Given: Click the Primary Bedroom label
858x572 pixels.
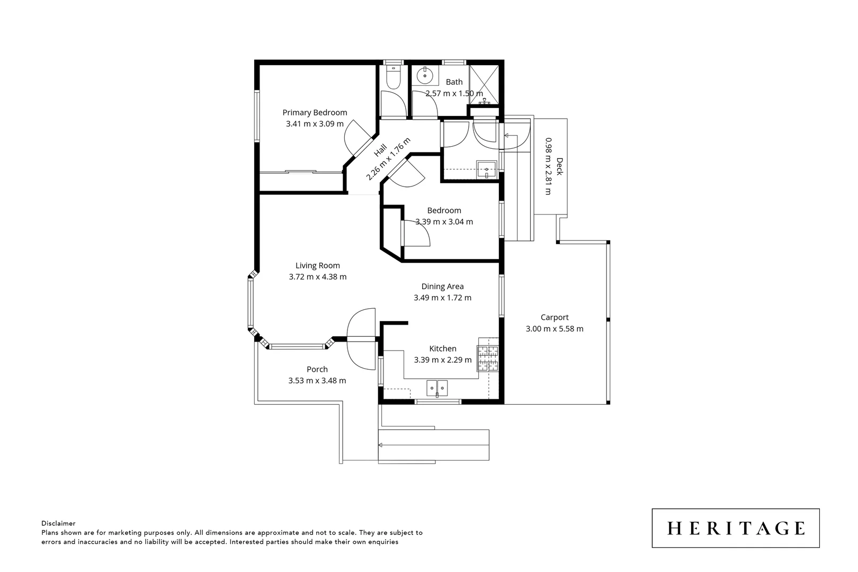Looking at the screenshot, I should (315, 112).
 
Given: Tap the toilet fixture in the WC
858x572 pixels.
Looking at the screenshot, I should (393, 78).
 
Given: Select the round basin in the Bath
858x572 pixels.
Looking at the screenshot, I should (425, 76).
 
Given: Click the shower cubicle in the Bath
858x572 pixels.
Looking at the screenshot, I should (484, 85).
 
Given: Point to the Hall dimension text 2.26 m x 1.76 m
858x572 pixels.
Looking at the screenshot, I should (389, 159).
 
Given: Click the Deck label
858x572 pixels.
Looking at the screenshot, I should (559, 166).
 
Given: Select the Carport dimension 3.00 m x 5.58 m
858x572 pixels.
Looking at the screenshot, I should (554, 329).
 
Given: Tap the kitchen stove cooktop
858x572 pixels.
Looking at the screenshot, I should (488, 358).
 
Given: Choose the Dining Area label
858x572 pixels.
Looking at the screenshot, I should (442, 287).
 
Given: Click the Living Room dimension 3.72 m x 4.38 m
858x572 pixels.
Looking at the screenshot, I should (318, 277).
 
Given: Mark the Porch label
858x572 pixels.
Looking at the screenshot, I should (317, 370).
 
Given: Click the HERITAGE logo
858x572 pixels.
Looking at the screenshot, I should (736, 528).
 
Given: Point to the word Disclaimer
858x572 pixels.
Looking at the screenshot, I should (58, 523).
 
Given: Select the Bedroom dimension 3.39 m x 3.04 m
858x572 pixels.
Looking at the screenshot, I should (444, 222).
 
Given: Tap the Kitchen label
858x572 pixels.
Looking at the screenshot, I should (443, 348).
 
